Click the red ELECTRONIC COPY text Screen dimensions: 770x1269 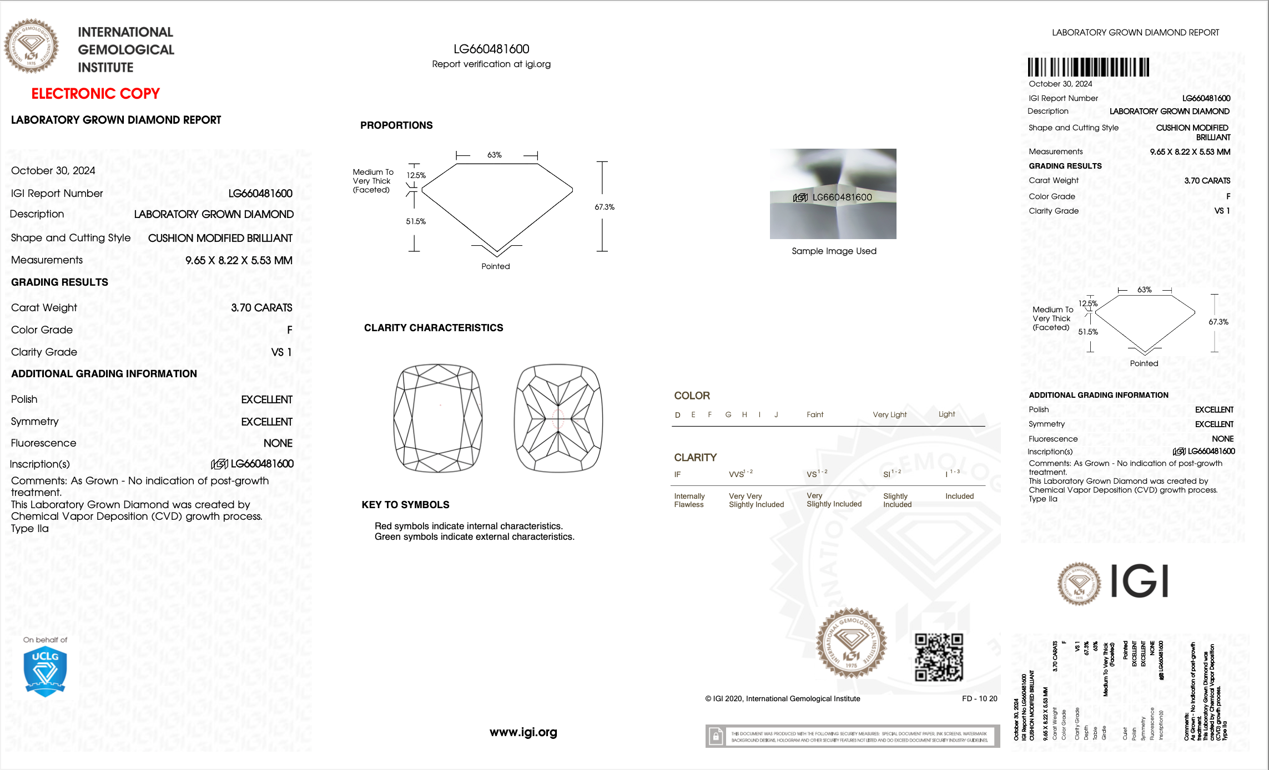95,94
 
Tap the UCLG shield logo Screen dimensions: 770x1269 45,672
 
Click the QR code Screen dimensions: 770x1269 939,657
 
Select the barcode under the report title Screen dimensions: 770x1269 1088,67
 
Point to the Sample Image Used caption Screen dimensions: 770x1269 834,251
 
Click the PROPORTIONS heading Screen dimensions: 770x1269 396,125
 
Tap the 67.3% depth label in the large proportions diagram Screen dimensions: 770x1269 605,207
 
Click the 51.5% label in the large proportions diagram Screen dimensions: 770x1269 416,221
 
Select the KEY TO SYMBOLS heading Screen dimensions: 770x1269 405,505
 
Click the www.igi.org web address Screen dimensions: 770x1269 523,732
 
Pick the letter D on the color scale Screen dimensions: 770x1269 677,415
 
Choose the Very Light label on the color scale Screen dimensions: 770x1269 889,415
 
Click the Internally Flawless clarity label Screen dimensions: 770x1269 689,500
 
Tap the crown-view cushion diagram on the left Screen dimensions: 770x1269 438,418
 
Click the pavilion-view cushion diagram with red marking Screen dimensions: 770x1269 558,418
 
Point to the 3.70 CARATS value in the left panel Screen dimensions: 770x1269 261,308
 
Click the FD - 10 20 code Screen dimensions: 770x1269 979,699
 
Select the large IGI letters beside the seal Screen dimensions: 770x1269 1139,581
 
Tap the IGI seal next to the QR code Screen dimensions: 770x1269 851,644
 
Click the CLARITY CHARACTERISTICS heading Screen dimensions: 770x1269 434,328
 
